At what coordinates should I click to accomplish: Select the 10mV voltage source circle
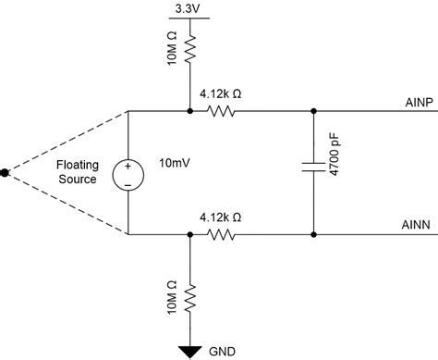pyautogui.click(x=127, y=173)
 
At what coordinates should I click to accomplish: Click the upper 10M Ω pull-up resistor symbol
pyautogui.click(x=189, y=49)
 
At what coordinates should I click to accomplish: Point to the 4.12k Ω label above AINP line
pyautogui.click(x=221, y=93)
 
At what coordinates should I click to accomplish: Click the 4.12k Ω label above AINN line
pyautogui.click(x=221, y=217)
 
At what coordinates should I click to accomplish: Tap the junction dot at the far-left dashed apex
pyautogui.click(x=6, y=173)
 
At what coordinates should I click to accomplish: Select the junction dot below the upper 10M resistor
pyautogui.click(x=189, y=111)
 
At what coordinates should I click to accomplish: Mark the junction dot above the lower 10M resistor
pyautogui.click(x=189, y=234)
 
